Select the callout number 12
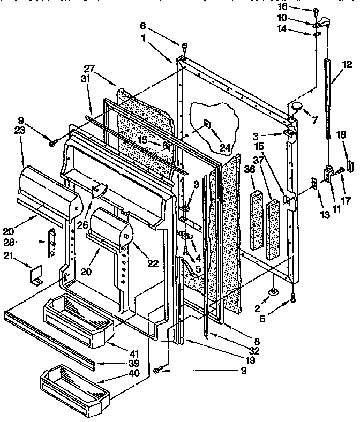[347, 65]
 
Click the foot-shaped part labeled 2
[275, 290]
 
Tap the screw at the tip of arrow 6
[183, 46]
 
